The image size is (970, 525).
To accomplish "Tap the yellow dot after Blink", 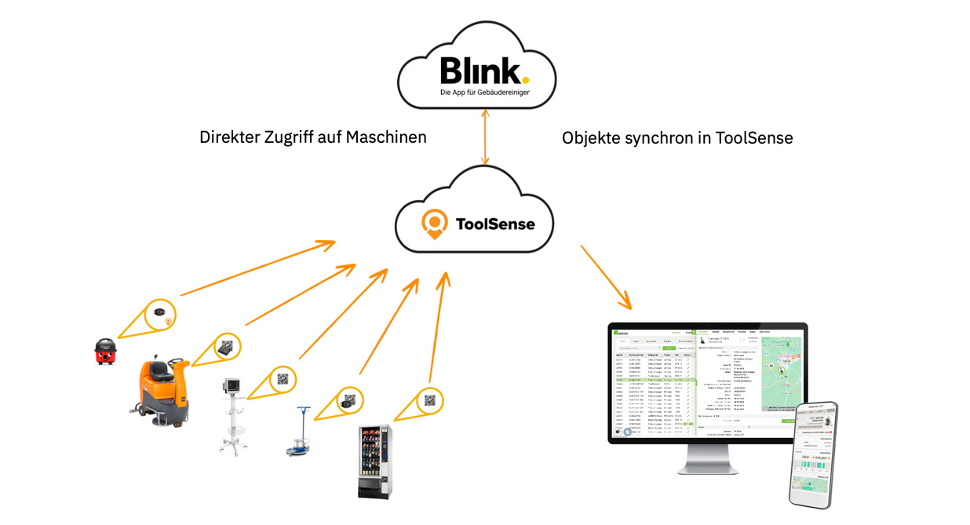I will (525, 79).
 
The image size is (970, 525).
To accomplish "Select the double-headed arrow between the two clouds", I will (485, 137).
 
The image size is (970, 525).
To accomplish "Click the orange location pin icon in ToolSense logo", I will (434, 223).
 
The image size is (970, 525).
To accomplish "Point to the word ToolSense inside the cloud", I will (495, 224).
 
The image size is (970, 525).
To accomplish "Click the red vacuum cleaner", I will (104, 352).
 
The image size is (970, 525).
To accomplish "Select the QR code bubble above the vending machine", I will (429, 400).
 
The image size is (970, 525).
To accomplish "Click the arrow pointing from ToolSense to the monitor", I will (605, 275).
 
